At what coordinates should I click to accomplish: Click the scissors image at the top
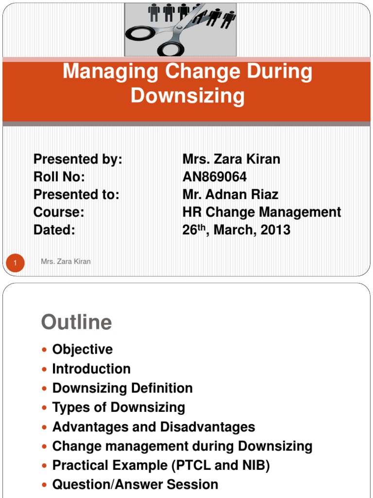(180, 29)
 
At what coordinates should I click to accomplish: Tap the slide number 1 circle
(15, 263)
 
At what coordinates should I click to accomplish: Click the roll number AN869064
(215, 177)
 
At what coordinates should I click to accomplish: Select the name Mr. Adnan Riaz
(230, 195)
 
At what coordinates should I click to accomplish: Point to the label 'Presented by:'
(78, 159)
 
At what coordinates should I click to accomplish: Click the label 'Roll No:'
(59, 177)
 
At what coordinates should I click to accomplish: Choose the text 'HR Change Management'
(262, 213)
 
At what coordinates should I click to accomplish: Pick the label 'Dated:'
(54, 230)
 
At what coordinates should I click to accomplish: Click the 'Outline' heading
(77, 322)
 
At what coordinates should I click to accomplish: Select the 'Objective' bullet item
(83, 349)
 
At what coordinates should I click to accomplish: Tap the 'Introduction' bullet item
(91, 369)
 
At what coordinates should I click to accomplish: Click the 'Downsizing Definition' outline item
(122, 388)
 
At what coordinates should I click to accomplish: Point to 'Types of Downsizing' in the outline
(119, 407)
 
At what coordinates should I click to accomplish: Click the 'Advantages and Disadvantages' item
(153, 427)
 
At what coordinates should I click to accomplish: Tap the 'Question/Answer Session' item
(135, 484)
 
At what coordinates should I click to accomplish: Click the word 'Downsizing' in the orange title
(187, 96)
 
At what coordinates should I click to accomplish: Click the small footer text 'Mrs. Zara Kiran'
(66, 262)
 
